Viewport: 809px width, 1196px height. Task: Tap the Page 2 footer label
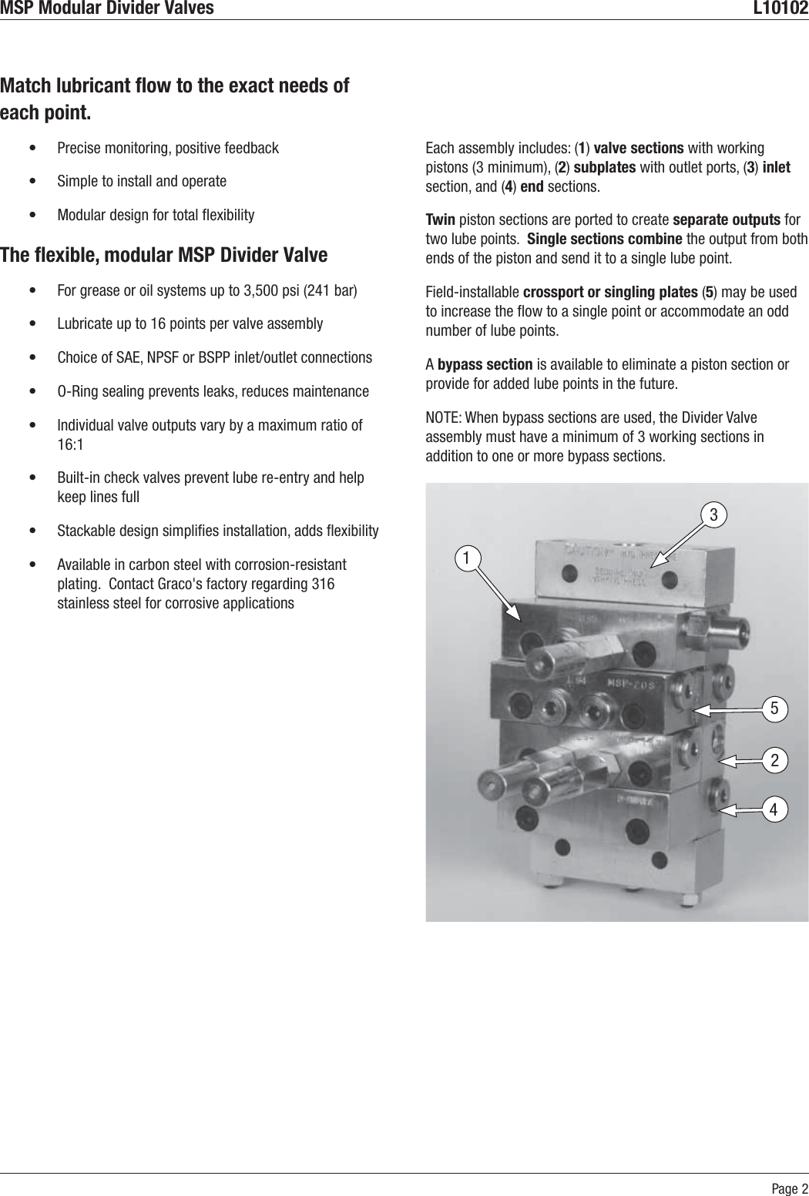point(791,1187)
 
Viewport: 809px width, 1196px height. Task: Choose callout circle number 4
point(775,808)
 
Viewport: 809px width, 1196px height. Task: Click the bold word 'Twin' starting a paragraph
point(440,220)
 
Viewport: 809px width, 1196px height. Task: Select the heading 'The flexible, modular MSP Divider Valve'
point(164,255)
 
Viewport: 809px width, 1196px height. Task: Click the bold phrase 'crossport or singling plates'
point(610,293)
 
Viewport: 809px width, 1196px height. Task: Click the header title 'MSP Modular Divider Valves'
point(107,8)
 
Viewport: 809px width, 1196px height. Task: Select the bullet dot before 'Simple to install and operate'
point(31,182)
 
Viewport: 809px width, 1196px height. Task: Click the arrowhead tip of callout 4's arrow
point(718,809)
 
